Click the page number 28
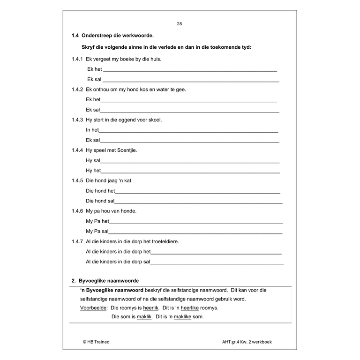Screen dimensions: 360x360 [180, 24]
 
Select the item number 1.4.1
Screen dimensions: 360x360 [77, 59]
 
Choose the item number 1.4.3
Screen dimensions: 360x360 [77, 120]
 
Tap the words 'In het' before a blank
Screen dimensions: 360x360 [92, 130]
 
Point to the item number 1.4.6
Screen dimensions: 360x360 [77, 211]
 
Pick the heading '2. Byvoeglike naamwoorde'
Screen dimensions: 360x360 [105, 281]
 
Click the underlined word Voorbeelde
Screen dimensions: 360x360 [94, 308]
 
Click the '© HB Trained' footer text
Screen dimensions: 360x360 [96, 342]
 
